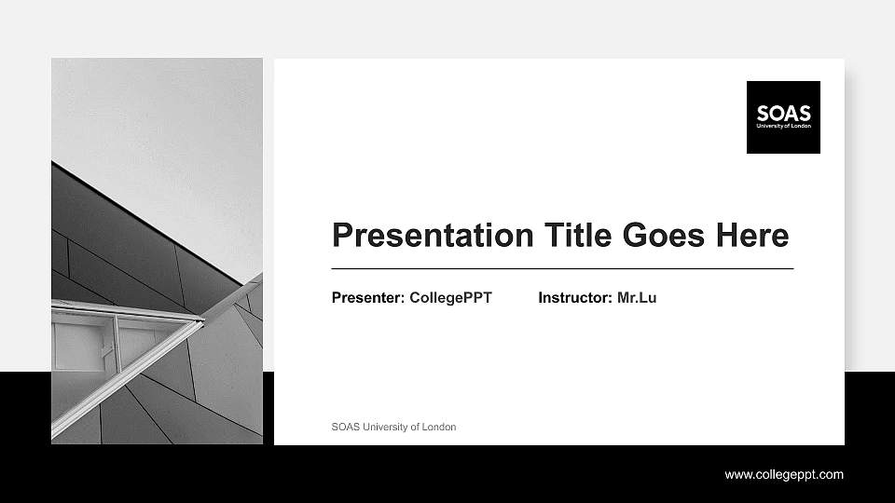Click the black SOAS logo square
coord(783,116)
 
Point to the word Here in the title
coord(751,235)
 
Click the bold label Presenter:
coord(368,298)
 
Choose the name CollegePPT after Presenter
coord(450,298)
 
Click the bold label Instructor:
coord(575,298)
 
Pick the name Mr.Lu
coord(637,298)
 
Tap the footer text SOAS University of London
coord(393,428)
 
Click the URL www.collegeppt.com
coord(784,475)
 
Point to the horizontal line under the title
coord(562,268)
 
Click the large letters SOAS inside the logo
coord(783,112)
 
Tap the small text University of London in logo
coord(783,125)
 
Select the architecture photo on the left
coord(157,251)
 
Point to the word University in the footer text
coord(379,428)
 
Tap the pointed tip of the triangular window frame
coord(202,319)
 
